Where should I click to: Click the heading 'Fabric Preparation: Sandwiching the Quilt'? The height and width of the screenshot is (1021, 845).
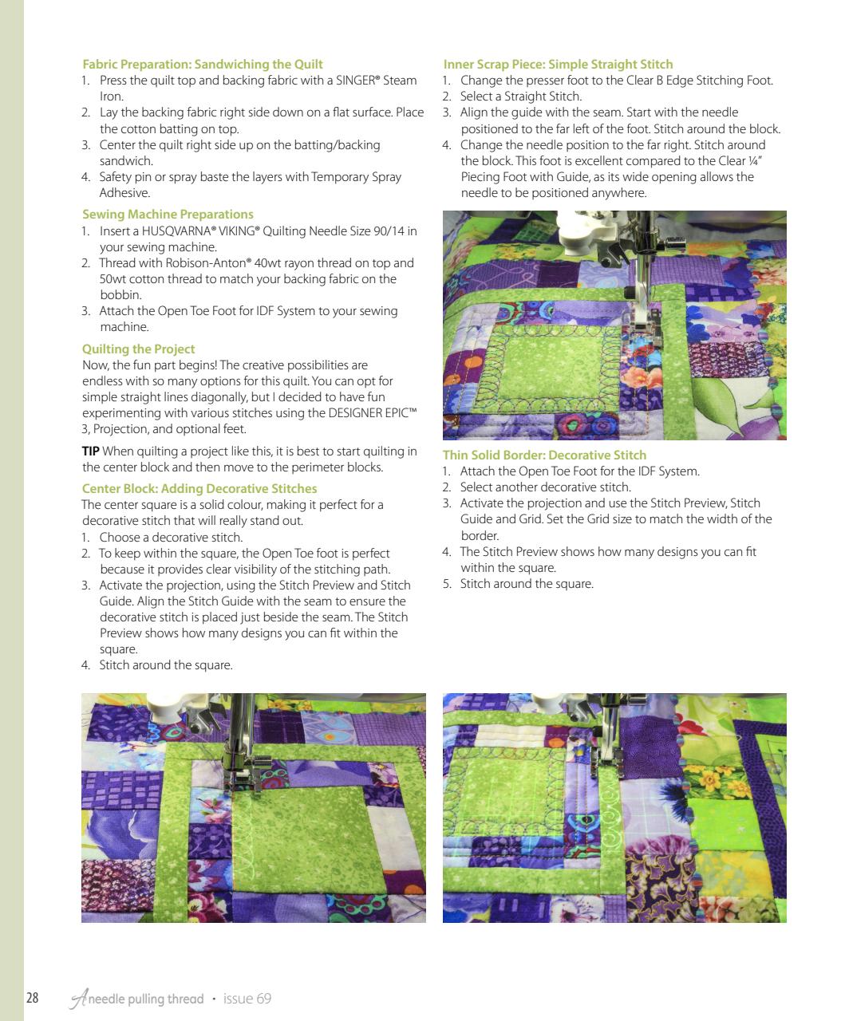[203, 65]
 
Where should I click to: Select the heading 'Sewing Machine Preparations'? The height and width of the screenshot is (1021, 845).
[168, 215]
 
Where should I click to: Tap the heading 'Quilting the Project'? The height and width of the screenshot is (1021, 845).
[138, 349]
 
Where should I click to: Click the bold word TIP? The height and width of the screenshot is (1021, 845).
[91, 451]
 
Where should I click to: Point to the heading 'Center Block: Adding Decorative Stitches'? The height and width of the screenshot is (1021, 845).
[199, 489]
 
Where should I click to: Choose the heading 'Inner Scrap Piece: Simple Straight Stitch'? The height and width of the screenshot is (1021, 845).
[558, 65]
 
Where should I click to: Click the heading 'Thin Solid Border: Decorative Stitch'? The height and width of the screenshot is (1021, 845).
[544, 455]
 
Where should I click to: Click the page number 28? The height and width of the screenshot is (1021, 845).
[33, 999]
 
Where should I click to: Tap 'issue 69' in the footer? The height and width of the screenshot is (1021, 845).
[247, 999]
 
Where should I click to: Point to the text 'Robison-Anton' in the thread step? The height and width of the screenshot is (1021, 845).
[208, 263]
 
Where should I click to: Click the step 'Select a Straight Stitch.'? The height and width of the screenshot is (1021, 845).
[521, 97]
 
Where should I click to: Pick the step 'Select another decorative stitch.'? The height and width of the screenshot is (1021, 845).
[545, 487]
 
